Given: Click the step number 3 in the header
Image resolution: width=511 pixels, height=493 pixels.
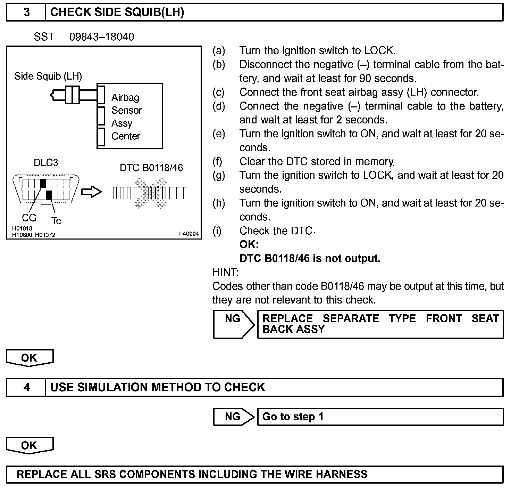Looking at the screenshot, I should tap(26, 13).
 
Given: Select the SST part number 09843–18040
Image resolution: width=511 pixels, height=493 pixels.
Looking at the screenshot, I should tap(101, 37).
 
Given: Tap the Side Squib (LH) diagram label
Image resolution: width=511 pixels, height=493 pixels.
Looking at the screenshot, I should tap(48, 76).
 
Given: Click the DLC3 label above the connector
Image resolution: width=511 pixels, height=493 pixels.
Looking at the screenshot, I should tap(46, 163).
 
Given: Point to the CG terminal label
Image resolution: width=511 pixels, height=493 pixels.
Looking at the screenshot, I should tap(29, 218).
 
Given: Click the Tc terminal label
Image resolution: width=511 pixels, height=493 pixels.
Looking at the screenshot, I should tap(56, 221).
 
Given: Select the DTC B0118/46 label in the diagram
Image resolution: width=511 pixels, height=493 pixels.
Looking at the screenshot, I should tap(151, 168).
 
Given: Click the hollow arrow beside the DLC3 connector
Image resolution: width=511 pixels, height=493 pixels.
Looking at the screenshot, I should tap(91, 192).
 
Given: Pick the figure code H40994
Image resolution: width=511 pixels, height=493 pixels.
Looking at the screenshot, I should tap(189, 234).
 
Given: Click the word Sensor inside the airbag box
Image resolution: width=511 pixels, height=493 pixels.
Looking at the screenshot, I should tap(126, 111).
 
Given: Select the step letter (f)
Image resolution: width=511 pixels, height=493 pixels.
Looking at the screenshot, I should tap(218, 162).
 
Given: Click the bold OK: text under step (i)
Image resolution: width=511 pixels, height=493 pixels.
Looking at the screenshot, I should tap(249, 244).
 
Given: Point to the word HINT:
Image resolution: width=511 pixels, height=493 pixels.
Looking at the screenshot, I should tap(225, 272).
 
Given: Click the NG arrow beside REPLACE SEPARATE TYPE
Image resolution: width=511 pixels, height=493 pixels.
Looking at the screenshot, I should tap(234, 324).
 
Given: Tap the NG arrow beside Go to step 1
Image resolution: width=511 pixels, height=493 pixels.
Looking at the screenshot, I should tap(234, 417).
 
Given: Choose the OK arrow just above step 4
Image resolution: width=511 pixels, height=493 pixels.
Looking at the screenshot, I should tap(30, 358).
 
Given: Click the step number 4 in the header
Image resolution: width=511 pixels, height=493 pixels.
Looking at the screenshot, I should tap(26, 387).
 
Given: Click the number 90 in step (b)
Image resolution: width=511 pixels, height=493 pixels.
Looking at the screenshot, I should tap(366, 78).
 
